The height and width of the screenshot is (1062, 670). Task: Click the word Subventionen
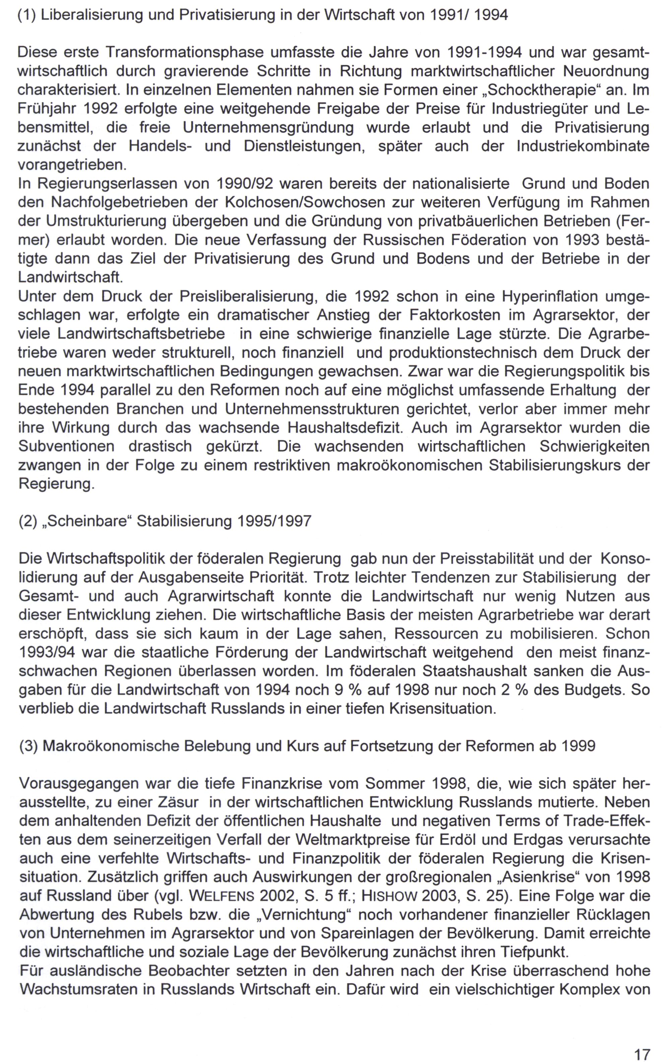click(x=66, y=446)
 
